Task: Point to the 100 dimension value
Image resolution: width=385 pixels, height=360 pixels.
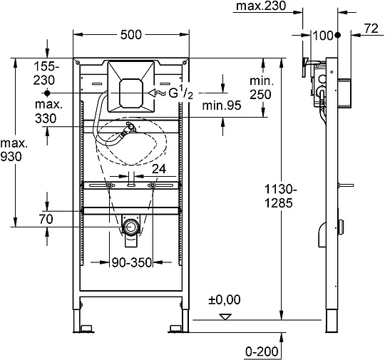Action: tap(324, 35)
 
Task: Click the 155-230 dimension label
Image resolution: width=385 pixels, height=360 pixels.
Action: tap(47, 73)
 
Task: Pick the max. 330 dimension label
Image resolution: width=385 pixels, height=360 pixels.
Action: tap(47, 113)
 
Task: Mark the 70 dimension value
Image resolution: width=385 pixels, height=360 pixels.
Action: tap(46, 221)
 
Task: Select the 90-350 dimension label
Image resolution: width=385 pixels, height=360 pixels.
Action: tap(131, 262)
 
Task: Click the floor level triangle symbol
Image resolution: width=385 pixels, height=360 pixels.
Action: tap(227, 316)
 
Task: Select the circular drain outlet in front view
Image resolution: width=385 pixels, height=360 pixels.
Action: tap(130, 228)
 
